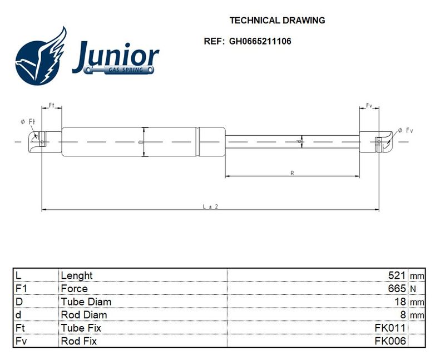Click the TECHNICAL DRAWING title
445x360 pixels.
[x=277, y=21]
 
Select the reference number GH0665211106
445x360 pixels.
[x=260, y=41]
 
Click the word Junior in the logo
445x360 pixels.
[x=116, y=57]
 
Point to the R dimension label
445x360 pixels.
[x=293, y=173]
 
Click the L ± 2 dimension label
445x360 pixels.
[x=211, y=206]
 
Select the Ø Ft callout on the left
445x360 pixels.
[x=28, y=122]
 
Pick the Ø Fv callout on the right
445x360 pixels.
[x=406, y=130]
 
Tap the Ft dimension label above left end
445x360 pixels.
[x=51, y=105]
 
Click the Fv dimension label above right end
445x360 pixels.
[x=369, y=105]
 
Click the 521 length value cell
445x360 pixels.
[x=397, y=275]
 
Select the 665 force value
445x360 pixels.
[x=397, y=288]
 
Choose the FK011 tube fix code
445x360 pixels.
[x=390, y=328]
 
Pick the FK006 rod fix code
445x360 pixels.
[x=390, y=341]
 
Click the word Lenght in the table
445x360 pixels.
[x=77, y=275]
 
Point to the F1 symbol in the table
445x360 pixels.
[x=21, y=288]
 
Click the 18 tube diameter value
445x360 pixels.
[x=400, y=302]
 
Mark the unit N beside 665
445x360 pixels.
[x=413, y=289]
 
